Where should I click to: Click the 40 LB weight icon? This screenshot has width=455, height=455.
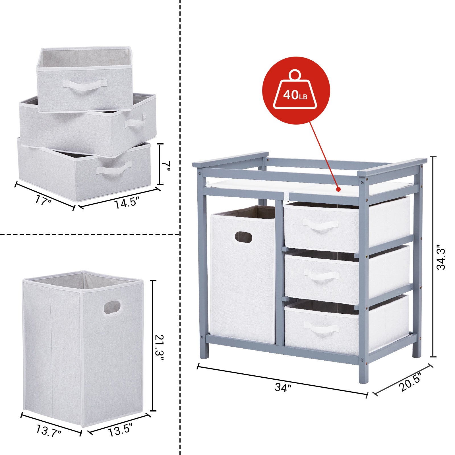[x=296, y=90]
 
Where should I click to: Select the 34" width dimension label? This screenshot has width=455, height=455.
[x=283, y=387]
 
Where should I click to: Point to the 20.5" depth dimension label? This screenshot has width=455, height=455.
[x=410, y=382]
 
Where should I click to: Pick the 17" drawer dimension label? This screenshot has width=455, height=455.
[x=44, y=201]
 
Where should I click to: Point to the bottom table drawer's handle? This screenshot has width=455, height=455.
[x=321, y=327]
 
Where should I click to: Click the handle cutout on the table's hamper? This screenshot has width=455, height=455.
[x=243, y=237]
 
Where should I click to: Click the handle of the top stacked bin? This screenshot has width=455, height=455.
[x=85, y=85]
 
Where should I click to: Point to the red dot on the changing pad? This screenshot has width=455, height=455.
[x=338, y=189]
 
